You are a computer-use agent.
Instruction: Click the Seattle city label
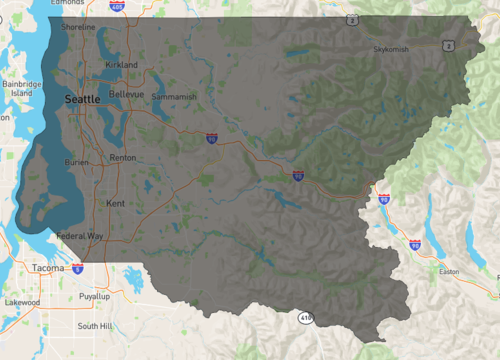tap(82, 100)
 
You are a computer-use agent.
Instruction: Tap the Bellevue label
tap(127, 94)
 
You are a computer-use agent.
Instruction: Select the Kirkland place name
tap(121, 64)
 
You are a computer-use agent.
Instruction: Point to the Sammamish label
tap(176, 97)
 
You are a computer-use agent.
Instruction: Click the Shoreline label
tap(78, 27)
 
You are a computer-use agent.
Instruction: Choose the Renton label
tap(123, 158)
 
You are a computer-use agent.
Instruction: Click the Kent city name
tap(115, 203)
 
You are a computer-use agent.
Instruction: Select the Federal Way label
tap(79, 236)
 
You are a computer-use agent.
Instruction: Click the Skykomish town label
tap(392, 49)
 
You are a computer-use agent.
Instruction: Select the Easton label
tap(448, 271)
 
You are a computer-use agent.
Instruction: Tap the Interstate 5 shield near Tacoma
tap(78, 269)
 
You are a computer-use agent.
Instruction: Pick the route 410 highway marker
tap(304, 317)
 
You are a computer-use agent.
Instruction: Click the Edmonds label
tap(68, 3)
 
